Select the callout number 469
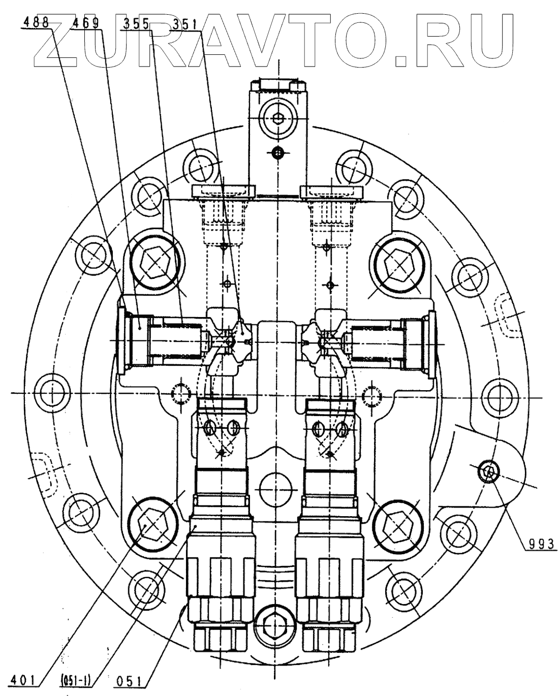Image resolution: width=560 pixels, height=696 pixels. pyautogui.click(x=85, y=23)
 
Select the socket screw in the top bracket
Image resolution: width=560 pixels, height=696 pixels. pyautogui.click(x=276, y=119)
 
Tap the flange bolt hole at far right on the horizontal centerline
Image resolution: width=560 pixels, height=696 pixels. pyautogui.click(x=497, y=394)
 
